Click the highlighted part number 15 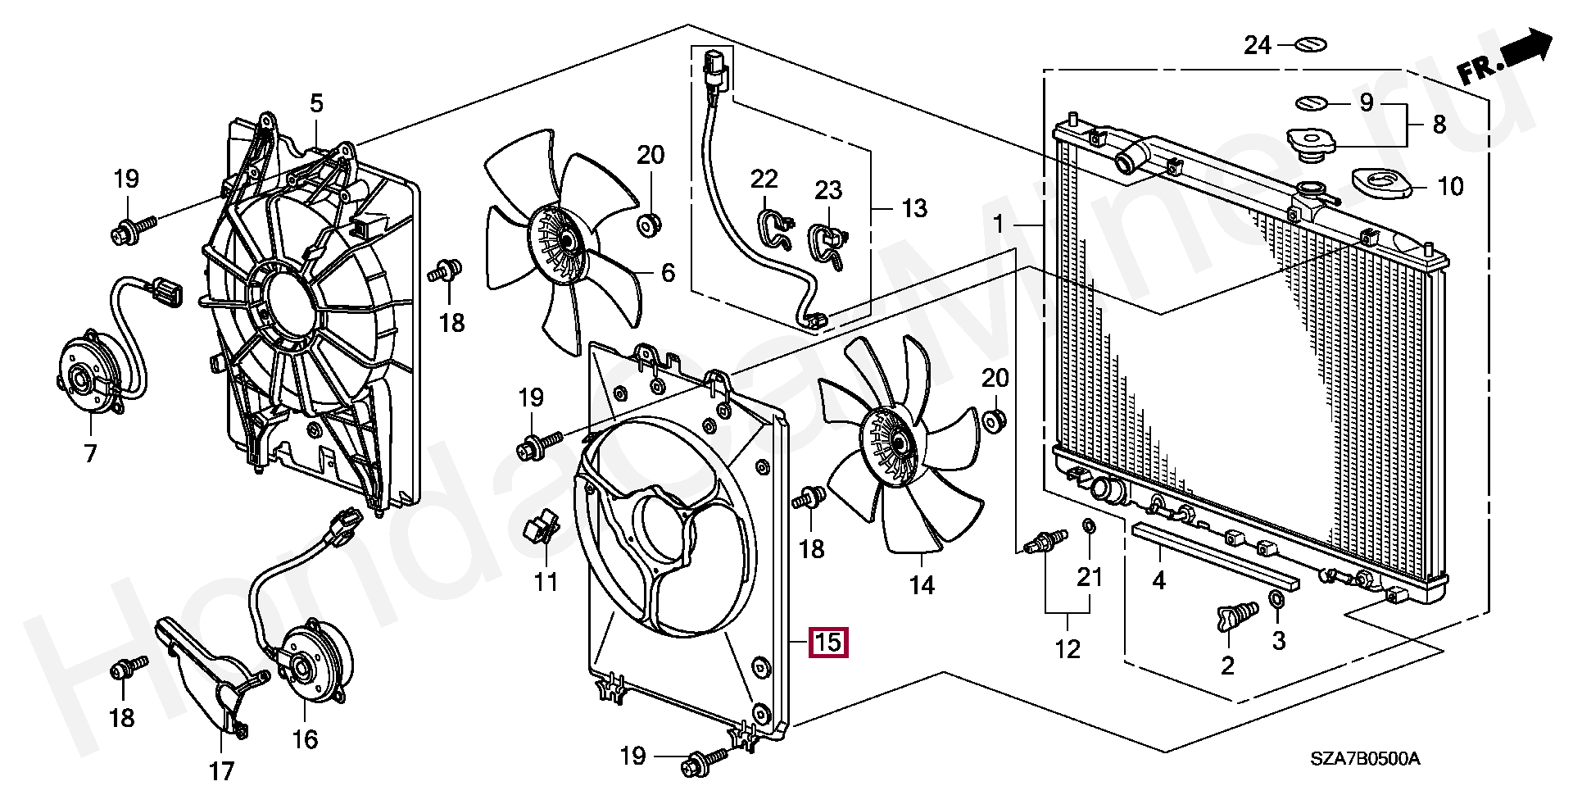827,642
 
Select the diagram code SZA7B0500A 1364,758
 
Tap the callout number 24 1257,45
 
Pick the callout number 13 914,208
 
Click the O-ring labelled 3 1276,601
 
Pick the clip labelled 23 828,244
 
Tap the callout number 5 316,103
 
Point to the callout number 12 1067,649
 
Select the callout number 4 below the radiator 1158,580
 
